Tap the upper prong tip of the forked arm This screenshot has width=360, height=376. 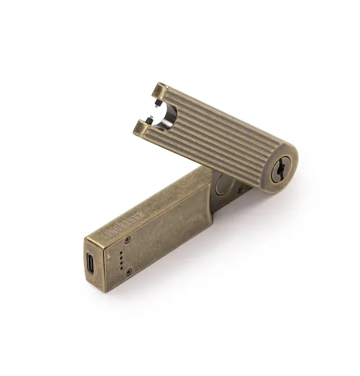point(159,89)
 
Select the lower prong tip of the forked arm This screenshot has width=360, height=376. point(141,126)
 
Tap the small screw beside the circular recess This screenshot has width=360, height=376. point(240,189)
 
